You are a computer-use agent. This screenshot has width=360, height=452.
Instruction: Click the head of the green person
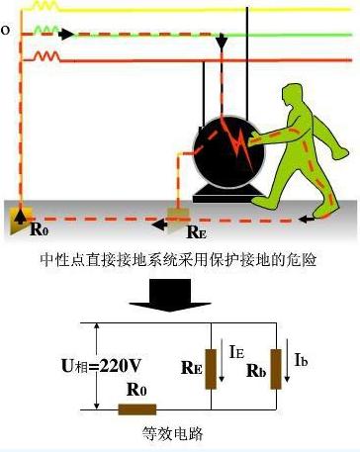294,95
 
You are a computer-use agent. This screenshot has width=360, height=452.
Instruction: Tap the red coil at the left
45,56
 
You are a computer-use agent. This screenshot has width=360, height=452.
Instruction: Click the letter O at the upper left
5,31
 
